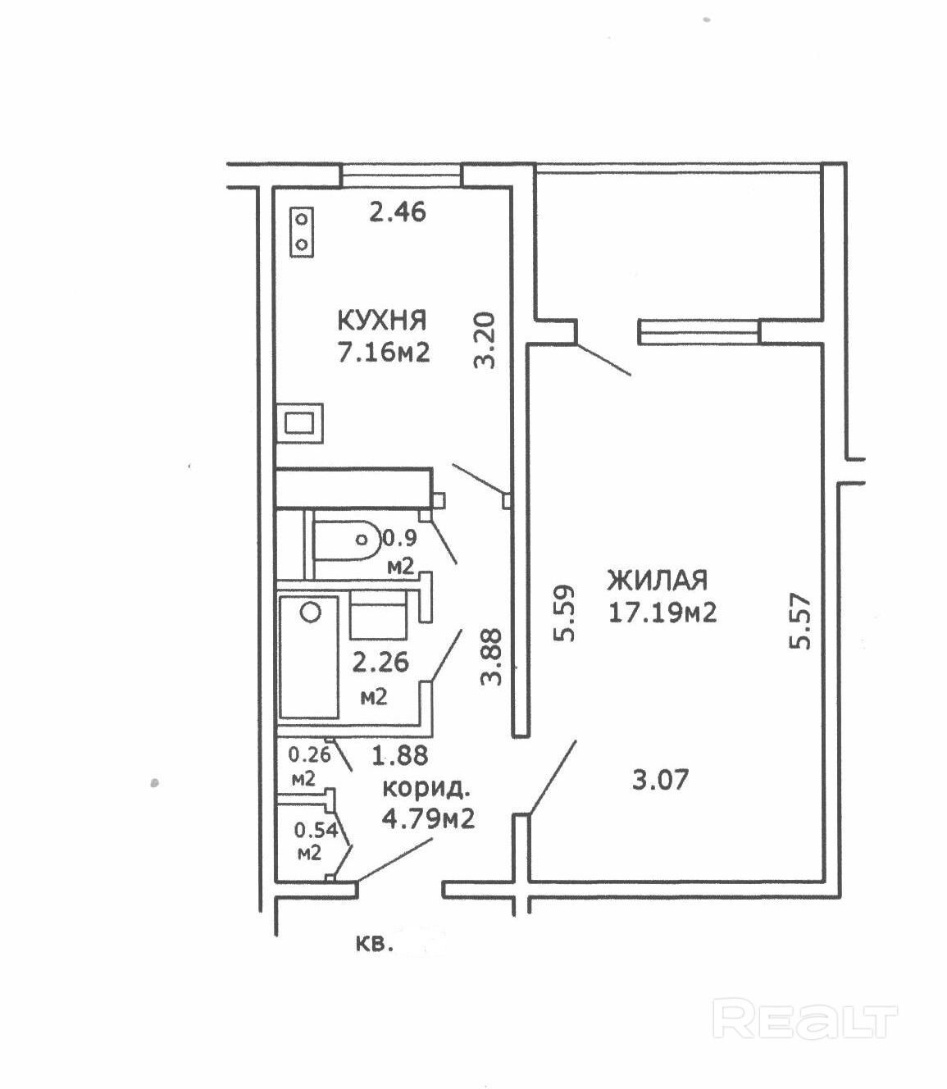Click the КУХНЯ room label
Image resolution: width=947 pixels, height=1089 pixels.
(x=383, y=321)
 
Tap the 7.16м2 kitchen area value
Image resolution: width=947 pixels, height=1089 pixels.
(x=384, y=353)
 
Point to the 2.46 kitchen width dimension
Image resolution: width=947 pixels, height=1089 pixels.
(x=398, y=212)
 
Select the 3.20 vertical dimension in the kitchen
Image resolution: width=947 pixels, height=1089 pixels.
(x=485, y=340)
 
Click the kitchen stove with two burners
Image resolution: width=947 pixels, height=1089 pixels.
(x=303, y=232)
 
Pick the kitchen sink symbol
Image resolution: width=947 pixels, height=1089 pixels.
(x=300, y=423)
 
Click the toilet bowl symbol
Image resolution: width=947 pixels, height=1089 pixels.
(x=346, y=540)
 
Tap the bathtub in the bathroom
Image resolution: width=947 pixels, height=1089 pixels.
(x=309, y=658)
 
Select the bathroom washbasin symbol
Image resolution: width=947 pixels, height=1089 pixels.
(x=378, y=617)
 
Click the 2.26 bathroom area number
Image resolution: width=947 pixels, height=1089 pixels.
(x=381, y=663)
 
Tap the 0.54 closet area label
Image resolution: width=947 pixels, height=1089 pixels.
(x=316, y=831)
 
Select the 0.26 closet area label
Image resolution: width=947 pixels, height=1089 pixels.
(x=309, y=754)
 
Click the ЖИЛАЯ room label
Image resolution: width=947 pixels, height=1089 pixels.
(x=658, y=580)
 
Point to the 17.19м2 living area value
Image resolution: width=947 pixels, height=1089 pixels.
(x=662, y=613)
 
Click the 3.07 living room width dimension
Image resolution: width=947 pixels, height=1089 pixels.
(x=660, y=779)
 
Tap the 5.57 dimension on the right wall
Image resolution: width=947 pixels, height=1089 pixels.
(x=799, y=621)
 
